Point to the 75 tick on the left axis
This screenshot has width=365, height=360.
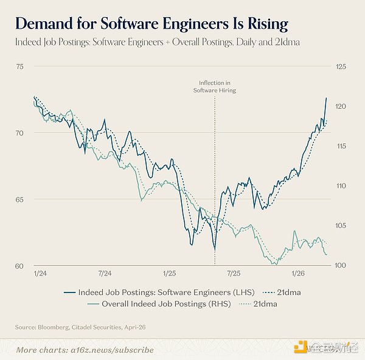(20, 66)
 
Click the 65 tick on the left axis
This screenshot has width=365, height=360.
(20, 199)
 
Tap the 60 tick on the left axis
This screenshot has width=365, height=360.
(19, 266)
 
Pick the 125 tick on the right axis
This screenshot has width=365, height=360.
(341, 66)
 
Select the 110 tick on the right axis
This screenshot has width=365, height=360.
(341, 185)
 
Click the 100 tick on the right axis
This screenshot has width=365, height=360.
(340, 265)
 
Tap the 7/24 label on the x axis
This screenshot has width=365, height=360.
(105, 273)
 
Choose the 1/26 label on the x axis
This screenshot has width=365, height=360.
(298, 273)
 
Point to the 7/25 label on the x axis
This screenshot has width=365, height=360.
(234, 273)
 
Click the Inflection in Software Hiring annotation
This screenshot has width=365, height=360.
(215, 86)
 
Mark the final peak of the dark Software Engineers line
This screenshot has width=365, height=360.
(326, 98)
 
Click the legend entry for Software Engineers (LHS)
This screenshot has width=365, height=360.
(159, 292)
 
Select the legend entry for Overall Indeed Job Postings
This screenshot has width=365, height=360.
(159, 304)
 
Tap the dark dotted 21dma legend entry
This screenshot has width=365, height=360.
(282, 292)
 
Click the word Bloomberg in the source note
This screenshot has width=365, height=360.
(53, 327)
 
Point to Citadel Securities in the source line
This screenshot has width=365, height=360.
(96, 327)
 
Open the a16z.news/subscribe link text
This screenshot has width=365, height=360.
(112, 350)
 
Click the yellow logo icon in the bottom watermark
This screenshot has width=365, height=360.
(301, 347)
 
